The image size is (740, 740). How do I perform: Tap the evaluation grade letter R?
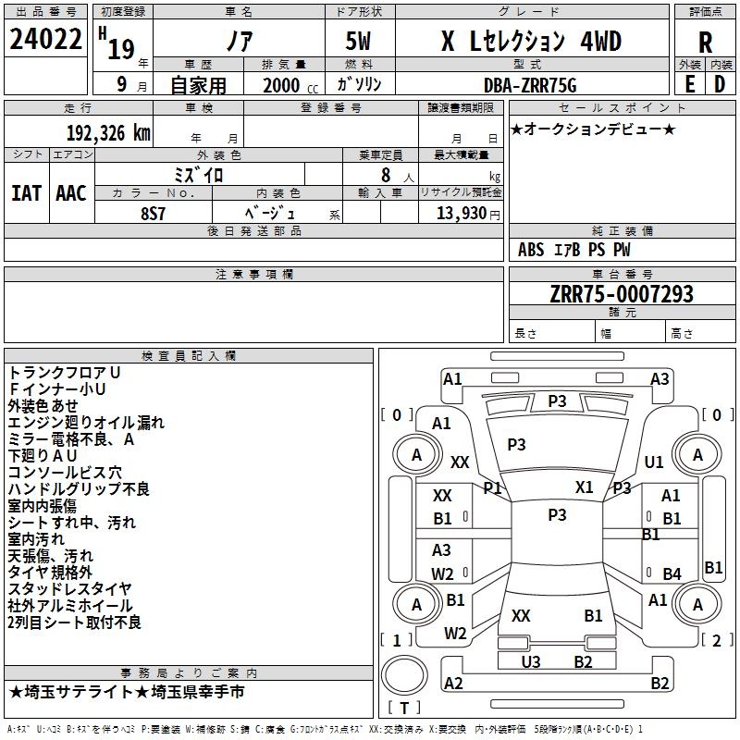coord(705,43)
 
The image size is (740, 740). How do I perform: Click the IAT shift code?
coord(26,193)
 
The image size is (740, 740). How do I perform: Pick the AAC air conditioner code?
coord(70,193)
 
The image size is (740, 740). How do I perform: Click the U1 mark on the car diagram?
coord(654,462)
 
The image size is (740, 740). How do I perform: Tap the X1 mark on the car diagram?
coord(584,487)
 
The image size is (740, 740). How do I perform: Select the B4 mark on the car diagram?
coord(672,573)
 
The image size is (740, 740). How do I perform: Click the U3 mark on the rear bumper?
coord(531,661)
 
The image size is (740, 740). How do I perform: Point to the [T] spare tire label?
coord(404,709)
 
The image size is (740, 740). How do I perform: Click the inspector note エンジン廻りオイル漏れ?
coord(86,423)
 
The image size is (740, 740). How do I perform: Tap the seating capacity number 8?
coord(384,175)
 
